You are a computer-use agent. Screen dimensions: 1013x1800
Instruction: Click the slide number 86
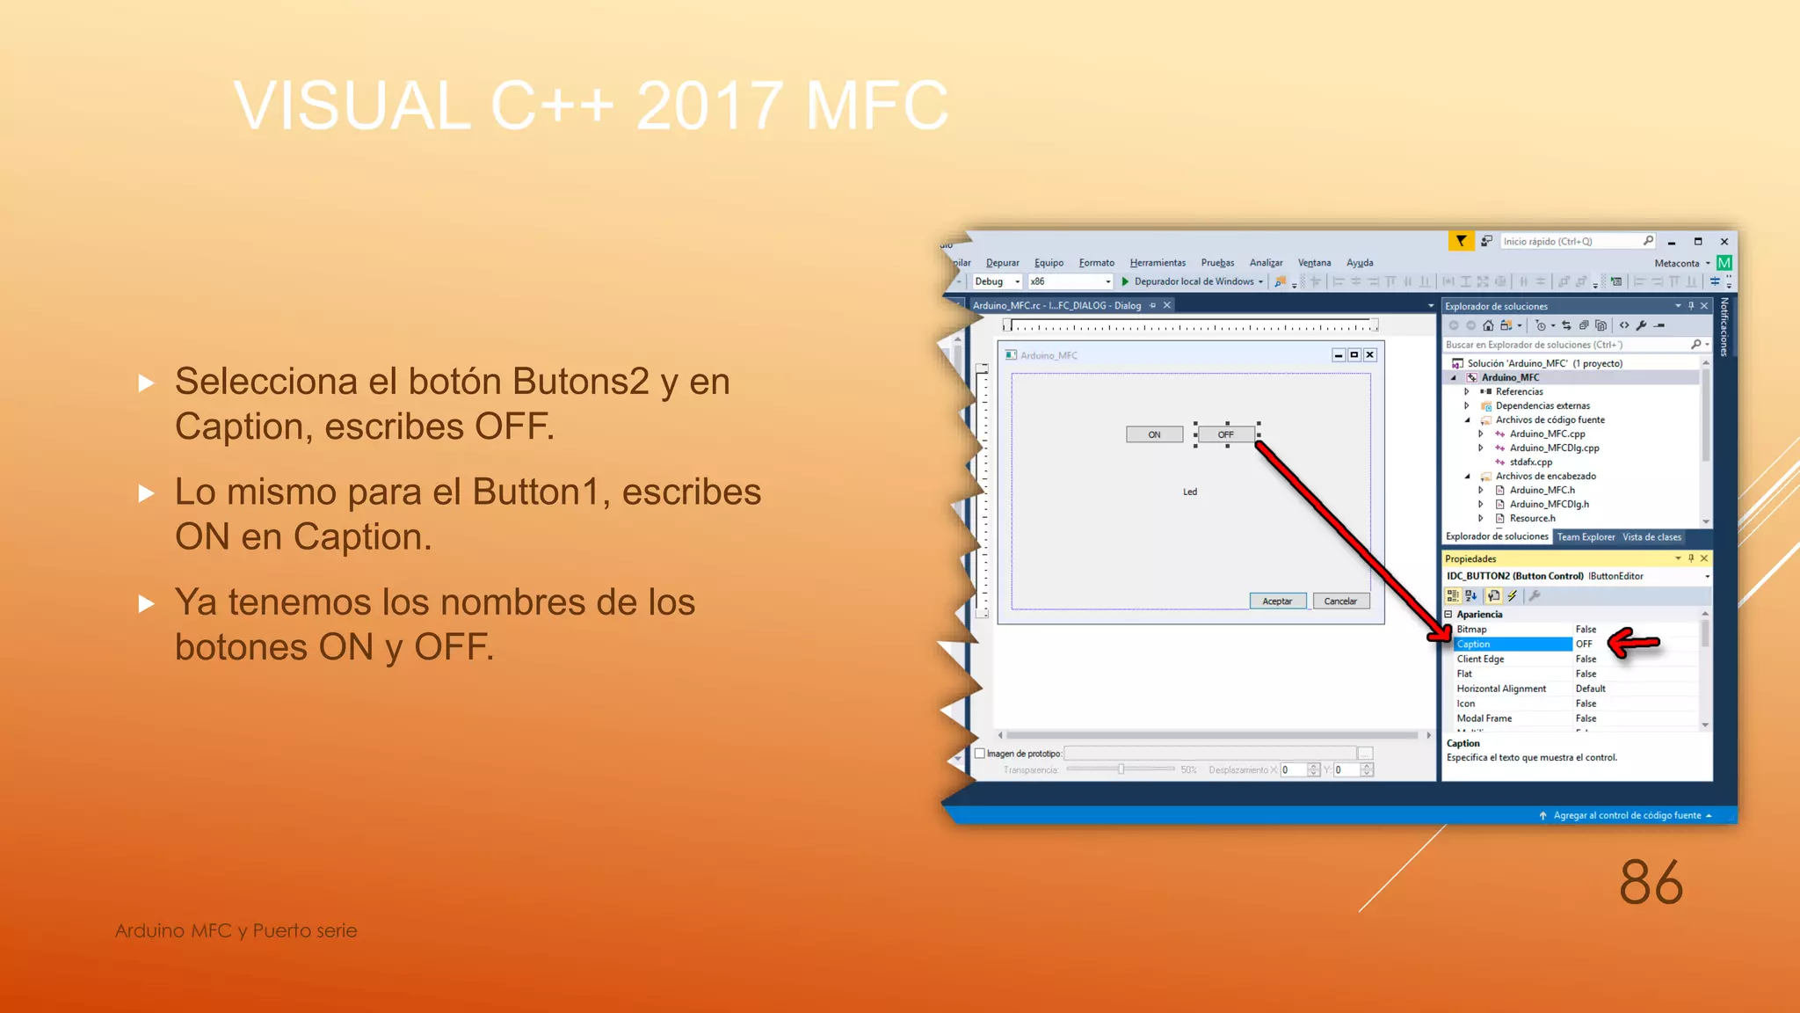coord(1651,882)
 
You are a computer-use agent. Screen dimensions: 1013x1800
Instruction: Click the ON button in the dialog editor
coord(1154,434)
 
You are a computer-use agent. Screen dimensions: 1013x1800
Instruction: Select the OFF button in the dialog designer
coord(1226,434)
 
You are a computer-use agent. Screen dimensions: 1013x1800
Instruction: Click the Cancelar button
coord(1340,601)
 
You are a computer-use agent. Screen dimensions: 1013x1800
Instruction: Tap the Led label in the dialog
coord(1190,492)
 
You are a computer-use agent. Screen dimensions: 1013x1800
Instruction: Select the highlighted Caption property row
coord(1512,645)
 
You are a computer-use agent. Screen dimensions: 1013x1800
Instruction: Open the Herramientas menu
coord(1158,263)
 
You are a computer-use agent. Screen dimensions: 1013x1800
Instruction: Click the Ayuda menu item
coord(1360,263)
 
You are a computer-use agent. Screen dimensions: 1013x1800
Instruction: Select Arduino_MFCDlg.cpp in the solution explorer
coord(1554,448)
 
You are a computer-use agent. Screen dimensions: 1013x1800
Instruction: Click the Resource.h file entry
coord(1532,518)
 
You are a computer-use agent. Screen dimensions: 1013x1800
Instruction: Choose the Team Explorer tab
coord(1586,537)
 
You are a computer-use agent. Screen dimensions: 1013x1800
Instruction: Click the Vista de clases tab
coord(1651,537)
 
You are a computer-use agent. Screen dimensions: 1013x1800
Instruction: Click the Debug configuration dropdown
coord(997,281)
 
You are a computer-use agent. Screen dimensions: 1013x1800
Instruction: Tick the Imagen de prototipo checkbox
coord(980,754)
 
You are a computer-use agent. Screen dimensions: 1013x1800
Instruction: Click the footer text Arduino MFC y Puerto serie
coord(236,930)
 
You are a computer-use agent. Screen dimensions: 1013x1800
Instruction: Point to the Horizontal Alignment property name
coord(1501,689)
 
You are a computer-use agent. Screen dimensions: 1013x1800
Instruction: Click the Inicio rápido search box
coord(1569,241)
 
